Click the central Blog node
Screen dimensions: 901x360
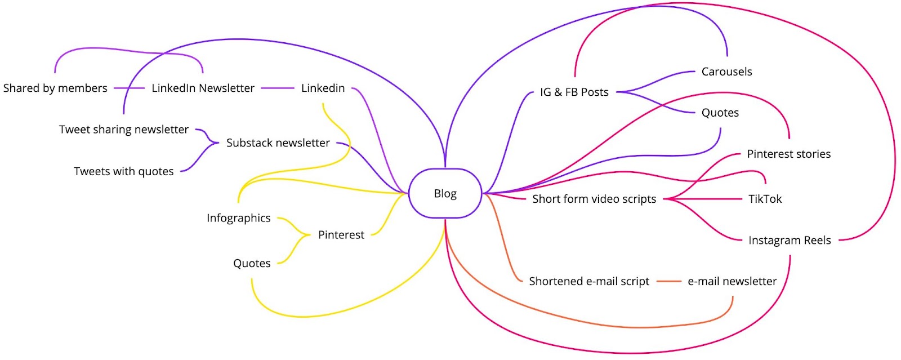[445, 193]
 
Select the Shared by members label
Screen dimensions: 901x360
[55, 88]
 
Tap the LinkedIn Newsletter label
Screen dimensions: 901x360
[203, 88]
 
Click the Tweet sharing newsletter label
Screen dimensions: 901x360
[124, 130]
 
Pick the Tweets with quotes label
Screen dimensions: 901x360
[124, 171]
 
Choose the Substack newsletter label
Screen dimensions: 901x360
[278, 143]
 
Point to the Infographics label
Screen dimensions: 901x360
[239, 218]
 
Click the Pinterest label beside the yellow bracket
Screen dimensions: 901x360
[341, 235]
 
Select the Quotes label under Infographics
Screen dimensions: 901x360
[252, 264]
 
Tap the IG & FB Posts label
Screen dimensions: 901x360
[574, 92]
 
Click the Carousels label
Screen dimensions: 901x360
[727, 72]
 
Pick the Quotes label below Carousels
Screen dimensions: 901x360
[720, 113]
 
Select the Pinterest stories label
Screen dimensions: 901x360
[789, 154]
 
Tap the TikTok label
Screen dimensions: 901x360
[765, 199]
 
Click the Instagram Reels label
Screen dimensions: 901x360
[790, 241]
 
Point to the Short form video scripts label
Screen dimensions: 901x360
[594, 199]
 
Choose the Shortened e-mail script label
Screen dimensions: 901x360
[589, 281]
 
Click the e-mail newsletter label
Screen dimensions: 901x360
[732, 281]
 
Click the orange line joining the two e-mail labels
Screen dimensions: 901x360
[669, 281]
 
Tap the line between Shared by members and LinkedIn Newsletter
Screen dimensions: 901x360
[129, 88]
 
